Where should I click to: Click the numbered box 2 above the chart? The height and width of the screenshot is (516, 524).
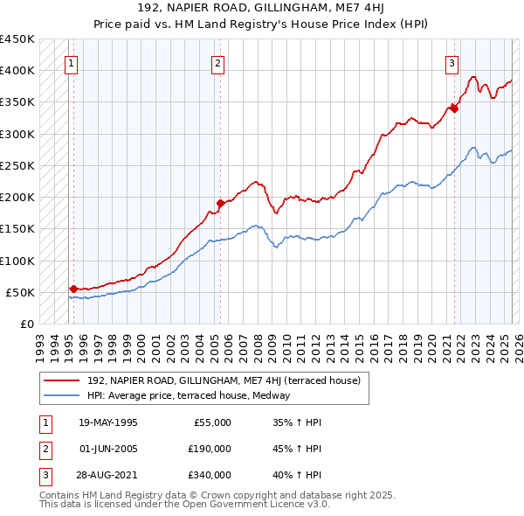(x=217, y=62)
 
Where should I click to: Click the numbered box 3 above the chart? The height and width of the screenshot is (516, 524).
(x=452, y=62)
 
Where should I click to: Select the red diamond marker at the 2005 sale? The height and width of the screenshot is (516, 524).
(x=220, y=204)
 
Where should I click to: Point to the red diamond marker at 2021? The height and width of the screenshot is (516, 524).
(x=455, y=108)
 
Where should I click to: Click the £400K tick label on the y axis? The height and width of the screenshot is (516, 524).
(x=17, y=71)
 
